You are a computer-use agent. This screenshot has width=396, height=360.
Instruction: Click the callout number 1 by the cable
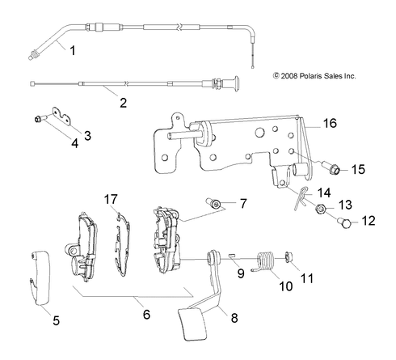pyautogui.click(x=73, y=50)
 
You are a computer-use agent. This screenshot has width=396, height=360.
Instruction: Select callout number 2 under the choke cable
pyautogui.click(x=123, y=103)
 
